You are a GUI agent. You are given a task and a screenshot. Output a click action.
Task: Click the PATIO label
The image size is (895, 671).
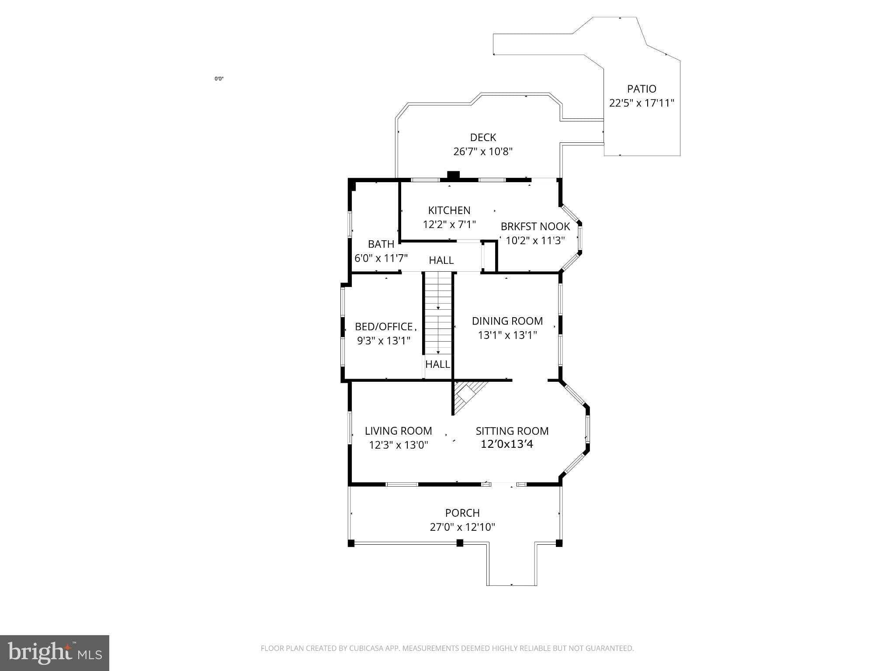coord(642,89)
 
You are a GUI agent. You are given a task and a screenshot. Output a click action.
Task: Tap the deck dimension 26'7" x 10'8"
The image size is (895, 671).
coord(482,152)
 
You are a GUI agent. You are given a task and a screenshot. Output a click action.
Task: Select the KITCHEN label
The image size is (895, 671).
coord(449,210)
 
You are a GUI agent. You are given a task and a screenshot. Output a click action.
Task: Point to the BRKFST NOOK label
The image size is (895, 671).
coord(535,226)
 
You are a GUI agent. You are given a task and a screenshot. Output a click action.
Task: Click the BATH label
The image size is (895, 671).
coord(381,244)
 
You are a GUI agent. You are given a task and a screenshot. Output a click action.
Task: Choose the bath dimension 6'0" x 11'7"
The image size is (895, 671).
coord(381,258)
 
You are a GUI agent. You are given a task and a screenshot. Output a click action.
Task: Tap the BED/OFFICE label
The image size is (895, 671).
coord(384,327)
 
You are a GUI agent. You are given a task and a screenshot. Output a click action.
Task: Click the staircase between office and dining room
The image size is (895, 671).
coord(438,312)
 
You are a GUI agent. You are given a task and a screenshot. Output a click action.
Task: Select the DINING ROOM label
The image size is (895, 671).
coord(507,321)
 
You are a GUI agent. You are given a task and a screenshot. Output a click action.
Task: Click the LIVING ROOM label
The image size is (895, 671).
coord(398,431)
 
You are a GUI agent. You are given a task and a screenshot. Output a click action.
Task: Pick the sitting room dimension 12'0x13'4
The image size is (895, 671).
coord(507,445)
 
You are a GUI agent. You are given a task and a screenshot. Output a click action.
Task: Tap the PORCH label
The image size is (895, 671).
coord(462,513)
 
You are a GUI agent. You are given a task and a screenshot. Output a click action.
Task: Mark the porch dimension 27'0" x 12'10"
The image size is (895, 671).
coord(462,527)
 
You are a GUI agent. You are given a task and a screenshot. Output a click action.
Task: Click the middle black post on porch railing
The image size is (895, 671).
coord(460,543)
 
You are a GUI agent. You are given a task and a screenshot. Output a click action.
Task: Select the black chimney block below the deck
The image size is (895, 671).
coord(454,175)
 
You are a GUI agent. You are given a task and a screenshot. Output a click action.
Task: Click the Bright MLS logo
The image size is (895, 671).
coord(55,653)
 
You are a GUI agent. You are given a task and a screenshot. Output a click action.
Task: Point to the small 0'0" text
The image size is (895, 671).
coord(219,79)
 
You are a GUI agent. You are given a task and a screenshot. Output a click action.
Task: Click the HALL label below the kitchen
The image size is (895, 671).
coord(441,260)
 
